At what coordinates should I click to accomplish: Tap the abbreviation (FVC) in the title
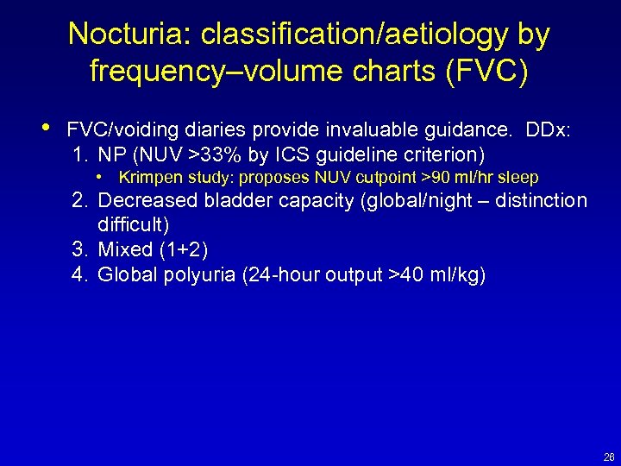pos(486,71)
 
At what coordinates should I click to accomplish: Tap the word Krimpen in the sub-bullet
pos(149,178)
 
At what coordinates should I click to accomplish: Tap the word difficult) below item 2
pos(133,225)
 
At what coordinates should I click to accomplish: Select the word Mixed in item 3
pos(123,249)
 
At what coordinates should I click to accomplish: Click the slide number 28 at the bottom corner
pos(609,457)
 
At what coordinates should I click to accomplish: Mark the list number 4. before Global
pos(82,275)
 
